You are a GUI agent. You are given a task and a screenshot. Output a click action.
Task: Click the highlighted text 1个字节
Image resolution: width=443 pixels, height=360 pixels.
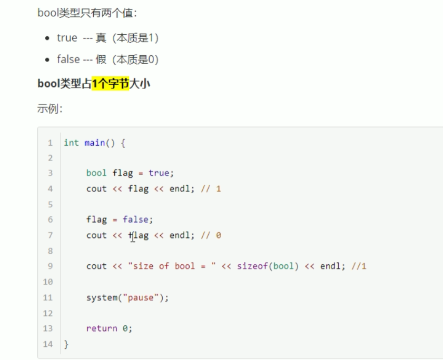click(x=110, y=83)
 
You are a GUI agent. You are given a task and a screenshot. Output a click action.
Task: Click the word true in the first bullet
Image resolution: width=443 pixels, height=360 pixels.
click(x=67, y=38)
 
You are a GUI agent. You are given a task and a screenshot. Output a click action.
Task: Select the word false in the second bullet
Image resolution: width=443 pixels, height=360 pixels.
click(x=68, y=59)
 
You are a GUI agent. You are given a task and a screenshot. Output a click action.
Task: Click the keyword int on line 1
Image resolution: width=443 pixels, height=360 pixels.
click(x=71, y=143)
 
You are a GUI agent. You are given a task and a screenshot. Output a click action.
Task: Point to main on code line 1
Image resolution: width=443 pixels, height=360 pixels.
click(x=94, y=143)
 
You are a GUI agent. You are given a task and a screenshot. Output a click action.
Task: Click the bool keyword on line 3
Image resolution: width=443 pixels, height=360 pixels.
click(x=96, y=173)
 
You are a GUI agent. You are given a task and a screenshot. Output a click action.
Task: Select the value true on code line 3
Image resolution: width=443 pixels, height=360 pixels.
click(x=159, y=173)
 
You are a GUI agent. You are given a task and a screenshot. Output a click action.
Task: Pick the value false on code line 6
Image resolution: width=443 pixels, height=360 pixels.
click(x=135, y=219)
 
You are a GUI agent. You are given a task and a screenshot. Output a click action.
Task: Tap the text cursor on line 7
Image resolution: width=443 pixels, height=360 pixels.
click(x=132, y=236)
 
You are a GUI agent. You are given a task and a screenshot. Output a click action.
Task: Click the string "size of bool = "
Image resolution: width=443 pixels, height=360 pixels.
click(x=172, y=266)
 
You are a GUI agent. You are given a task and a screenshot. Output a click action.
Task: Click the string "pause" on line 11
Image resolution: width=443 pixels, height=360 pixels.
click(x=141, y=297)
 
